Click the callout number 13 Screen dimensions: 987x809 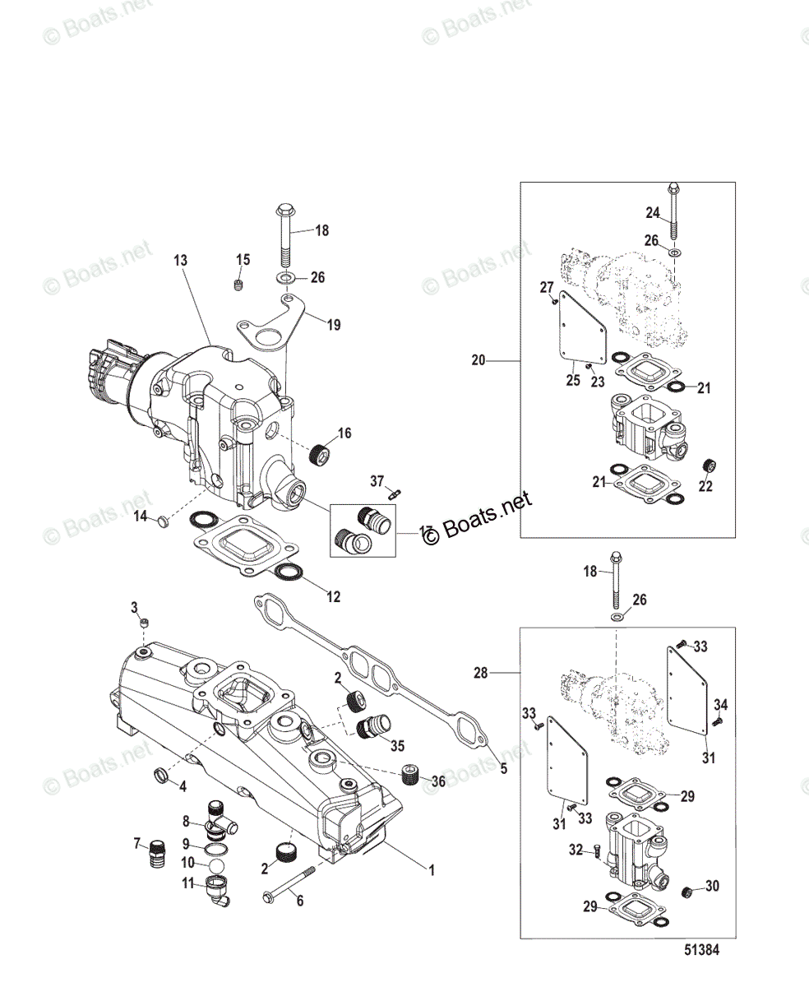click(x=180, y=260)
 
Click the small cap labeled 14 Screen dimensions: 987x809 click(x=163, y=520)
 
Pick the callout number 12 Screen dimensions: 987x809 click(x=333, y=597)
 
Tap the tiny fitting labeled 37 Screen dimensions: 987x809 click(x=395, y=494)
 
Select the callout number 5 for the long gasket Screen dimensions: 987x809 click(x=504, y=770)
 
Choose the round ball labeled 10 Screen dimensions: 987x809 click(x=214, y=867)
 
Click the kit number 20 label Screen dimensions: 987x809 click(x=478, y=359)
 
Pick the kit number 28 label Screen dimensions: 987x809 click(x=480, y=672)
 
